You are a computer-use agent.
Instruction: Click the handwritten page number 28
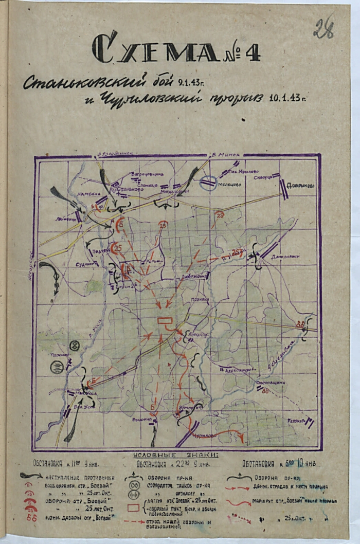(x=323, y=28)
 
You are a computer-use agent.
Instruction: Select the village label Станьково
(x=130, y=189)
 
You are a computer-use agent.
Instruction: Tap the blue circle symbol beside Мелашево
(x=208, y=183)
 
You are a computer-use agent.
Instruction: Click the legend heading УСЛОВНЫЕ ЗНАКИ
(x=175, y=454)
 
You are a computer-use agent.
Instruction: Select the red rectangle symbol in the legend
(x=133, y=508)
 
